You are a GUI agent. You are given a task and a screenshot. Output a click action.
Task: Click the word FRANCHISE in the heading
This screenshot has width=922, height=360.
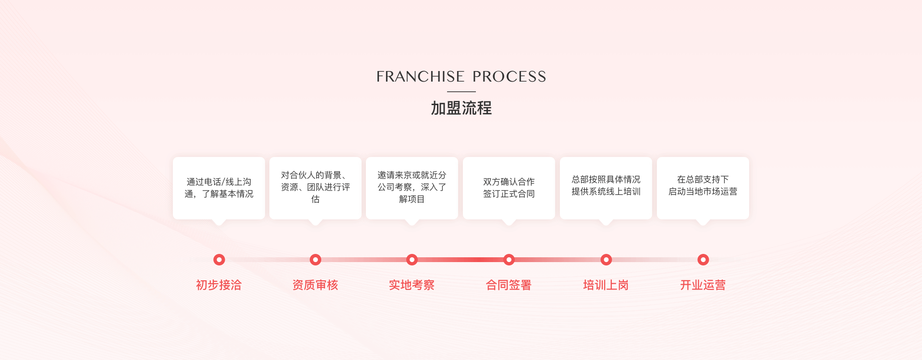click(420, 77)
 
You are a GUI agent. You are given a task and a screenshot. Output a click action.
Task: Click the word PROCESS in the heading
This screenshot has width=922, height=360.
click(509, 77)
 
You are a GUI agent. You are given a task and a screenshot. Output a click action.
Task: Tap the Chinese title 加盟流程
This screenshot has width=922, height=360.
click(461, 108)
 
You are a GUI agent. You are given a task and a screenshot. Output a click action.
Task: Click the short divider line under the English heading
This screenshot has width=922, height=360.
click(461, 91)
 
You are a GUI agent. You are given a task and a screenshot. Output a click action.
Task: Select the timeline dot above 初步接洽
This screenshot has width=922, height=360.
click(219, 260)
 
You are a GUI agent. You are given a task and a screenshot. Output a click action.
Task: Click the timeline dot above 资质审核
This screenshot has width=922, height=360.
click(315, 260)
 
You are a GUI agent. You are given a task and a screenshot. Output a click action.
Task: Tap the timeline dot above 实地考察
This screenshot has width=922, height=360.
click(412, 260)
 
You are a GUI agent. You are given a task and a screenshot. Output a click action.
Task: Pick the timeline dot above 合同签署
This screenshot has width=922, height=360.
click(509, 260)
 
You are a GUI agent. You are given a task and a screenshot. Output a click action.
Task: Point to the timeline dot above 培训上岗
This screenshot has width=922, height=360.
click(606, 260)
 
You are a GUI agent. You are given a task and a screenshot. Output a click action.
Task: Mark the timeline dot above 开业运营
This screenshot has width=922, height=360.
click(703, 260)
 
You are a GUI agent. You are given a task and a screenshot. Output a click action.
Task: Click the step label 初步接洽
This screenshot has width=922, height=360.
click(219, 285)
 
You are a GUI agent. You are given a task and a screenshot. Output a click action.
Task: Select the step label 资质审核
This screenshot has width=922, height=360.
click(315, 285)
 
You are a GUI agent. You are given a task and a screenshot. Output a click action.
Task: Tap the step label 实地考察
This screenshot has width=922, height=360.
click(412, 285)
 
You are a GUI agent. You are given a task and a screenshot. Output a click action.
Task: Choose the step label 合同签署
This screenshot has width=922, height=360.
click(509, 285)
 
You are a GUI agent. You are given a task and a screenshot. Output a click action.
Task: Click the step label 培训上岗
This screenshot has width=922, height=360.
click(606, 285)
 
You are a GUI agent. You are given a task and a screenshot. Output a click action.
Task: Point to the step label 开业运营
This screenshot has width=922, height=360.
click(703, 285)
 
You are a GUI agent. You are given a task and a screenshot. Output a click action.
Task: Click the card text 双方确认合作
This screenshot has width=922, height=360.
click(509, 182)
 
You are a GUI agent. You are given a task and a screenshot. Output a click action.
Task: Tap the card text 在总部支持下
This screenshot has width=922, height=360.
click(703, 180)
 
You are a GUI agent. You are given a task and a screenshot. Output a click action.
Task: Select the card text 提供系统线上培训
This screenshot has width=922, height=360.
click(606, 192)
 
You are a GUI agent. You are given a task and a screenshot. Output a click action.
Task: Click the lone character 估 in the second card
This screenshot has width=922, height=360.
click(315, 199)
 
